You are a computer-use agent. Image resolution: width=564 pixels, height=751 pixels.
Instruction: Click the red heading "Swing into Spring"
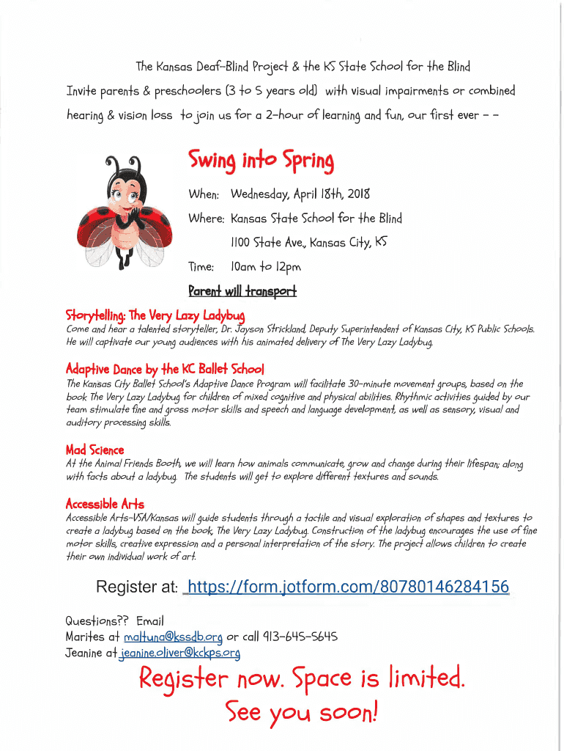(x=261, y=160)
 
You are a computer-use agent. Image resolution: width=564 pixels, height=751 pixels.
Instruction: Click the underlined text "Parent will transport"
(x=242, y=291)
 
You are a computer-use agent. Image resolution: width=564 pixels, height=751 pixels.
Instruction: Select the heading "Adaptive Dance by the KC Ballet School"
(x=165, y=368)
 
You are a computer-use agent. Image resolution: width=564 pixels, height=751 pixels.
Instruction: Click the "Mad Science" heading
(x=94, y=450)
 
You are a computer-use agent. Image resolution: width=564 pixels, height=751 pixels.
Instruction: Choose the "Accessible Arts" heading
(x=105, y=504)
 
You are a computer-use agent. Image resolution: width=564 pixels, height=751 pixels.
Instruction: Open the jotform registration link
(x=348, y=587)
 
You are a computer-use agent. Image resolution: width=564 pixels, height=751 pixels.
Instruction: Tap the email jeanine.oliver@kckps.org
(x=180, y=652)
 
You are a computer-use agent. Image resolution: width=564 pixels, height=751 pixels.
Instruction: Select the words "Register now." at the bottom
(x=212, y=681)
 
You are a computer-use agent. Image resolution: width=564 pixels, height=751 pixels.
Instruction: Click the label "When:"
(x=204, y=194)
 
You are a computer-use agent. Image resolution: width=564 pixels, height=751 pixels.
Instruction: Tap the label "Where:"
(x=206, y=219)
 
